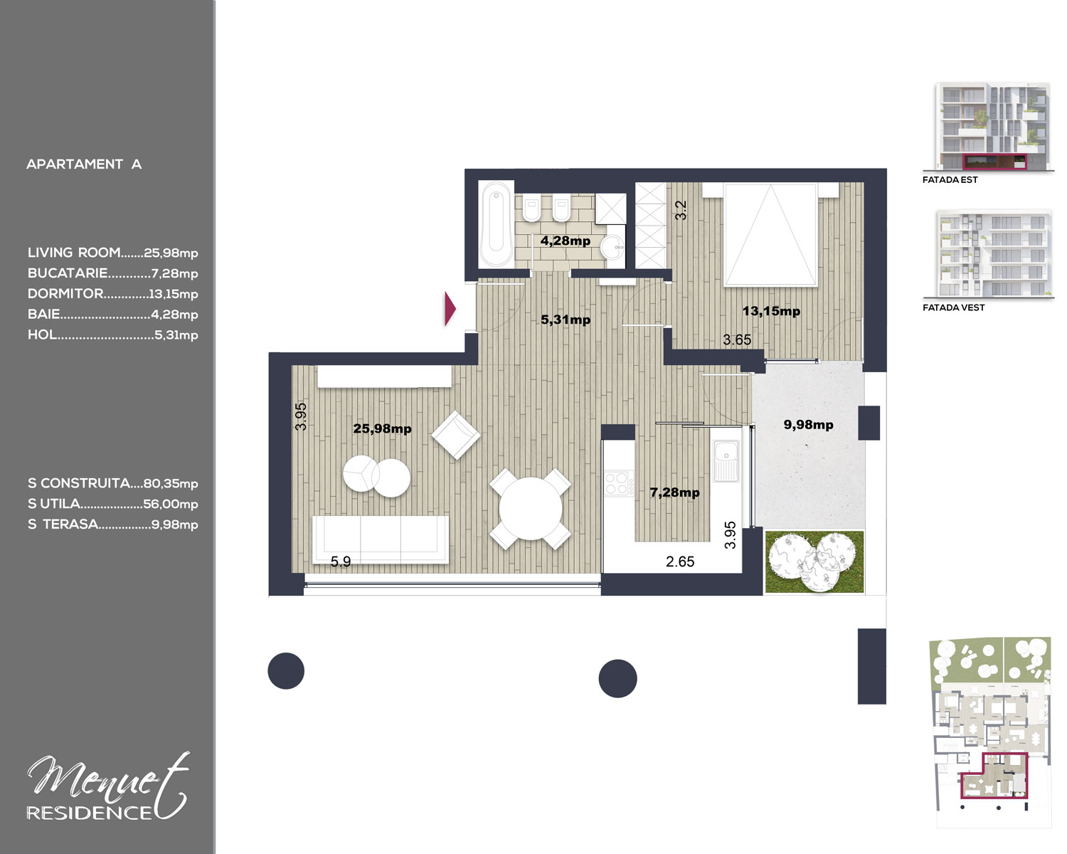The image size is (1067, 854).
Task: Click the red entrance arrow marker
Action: point(450,309)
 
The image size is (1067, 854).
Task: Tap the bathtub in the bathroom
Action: point(496,223)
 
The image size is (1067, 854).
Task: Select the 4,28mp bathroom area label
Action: point(566,241)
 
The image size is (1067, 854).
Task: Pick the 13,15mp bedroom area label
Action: point(771,311)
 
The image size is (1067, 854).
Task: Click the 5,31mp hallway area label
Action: point(566,320)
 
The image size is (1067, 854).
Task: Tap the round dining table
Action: point(531,509)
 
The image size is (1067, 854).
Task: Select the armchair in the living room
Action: point(456,435)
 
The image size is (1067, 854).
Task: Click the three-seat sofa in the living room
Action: point(381,539)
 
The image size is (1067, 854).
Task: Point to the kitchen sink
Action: point(726,461)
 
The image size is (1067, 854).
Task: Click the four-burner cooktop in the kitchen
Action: point(619,483)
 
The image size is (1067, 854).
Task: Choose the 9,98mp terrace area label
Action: point(808,425)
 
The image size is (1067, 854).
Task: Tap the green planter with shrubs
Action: point(814,562)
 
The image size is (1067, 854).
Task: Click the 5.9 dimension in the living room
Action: point(341,562)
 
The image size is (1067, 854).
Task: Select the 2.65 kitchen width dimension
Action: point(680,562)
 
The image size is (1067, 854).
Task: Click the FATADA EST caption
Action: point(950,180)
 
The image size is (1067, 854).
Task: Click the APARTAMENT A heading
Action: point(84,164)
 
